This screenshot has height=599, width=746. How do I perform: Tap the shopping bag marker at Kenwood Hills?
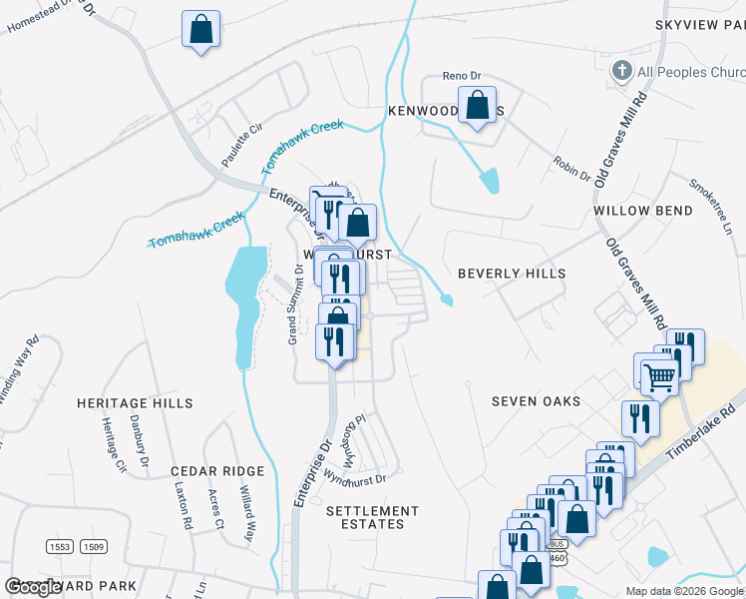click(478, 105)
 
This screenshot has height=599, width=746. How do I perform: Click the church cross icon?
click(620, 71)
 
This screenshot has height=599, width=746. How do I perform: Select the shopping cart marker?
click(658, 376)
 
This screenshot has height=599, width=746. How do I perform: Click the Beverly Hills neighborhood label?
click(511, 274)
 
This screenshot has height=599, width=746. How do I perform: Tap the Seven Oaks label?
click(536, 401)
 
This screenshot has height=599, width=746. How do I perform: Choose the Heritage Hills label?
click(136, 403)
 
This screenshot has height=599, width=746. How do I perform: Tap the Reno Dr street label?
click(462, 76)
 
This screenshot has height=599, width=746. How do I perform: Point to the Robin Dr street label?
click(570, 168)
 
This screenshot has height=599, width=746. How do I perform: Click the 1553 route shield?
click(60, 546)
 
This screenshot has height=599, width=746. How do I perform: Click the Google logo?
click(34, 587)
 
